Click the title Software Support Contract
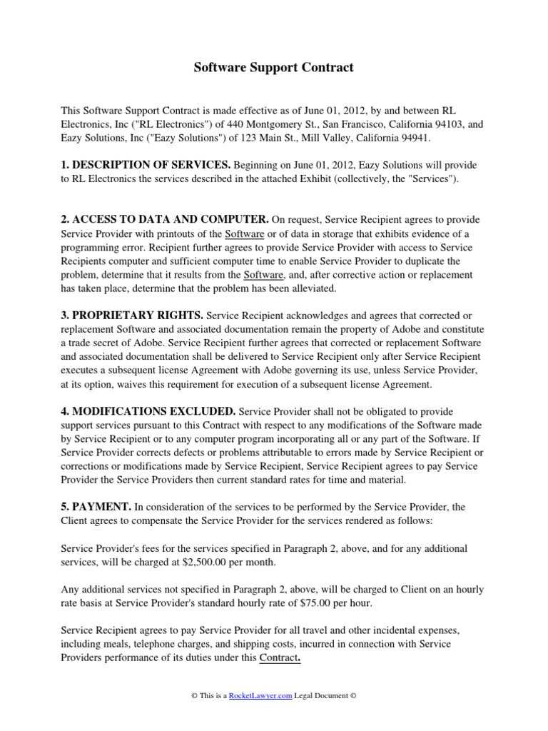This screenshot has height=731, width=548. click(274, 69)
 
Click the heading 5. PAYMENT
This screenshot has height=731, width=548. click(96, 507)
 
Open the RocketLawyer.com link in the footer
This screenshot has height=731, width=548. click(260, 695)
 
